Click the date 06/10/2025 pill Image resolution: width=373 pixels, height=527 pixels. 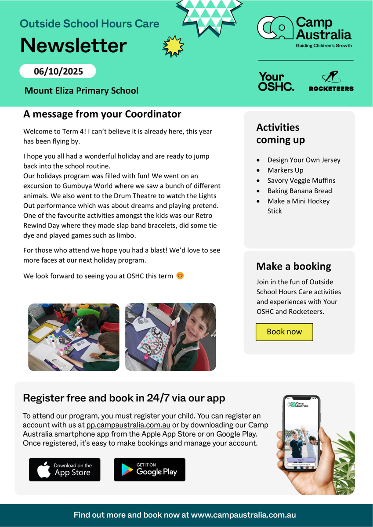(58, 71)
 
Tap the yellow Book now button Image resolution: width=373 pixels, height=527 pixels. (284, 332)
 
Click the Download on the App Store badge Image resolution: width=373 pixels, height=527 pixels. (65, 469)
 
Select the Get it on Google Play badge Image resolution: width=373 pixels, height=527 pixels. (149, 469)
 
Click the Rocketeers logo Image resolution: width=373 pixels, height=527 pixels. (331, 82)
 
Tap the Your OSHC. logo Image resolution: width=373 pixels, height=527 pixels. (276, 82)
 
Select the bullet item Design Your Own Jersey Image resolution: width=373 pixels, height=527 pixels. (304, 160)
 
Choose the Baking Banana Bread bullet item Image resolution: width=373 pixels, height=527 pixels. (300, 191)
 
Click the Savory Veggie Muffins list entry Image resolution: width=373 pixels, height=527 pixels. (301, 180)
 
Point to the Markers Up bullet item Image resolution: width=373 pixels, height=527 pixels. (286, 170)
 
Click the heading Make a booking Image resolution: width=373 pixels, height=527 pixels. (293, 267)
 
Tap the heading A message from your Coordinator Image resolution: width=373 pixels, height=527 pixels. (102, 114)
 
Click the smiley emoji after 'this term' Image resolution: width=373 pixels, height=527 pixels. (180, 276)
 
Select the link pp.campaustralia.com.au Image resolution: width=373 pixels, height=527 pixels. (128, 425)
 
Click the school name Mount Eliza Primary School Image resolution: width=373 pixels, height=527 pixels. (81, 91)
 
